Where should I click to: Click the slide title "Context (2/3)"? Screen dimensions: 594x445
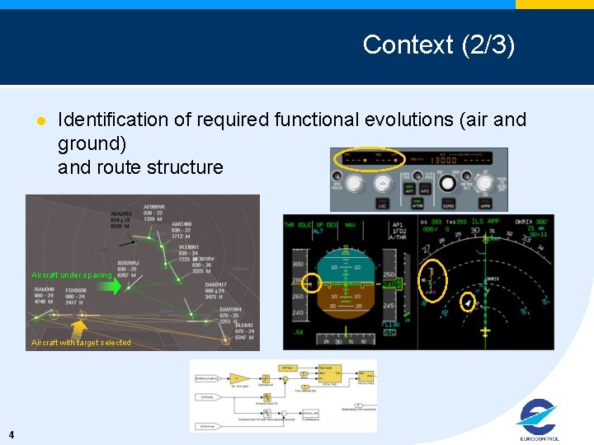pyautogui.click(x=438, y=44)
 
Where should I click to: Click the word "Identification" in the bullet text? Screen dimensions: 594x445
pyautogui.click(x=111, y=119)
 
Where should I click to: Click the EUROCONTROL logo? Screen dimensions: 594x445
pyautogui.click(x=540, y=420)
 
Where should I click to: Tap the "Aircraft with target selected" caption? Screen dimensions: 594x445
pyautogui.click(x=81, y=343)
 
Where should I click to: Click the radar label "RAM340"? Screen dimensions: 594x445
pyautogui.click(x=45, y=290)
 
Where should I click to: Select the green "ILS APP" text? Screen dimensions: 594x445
pyautogui.click(x=484, y=221)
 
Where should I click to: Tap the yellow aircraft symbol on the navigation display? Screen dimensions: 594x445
pyautogui.click(x=485, y=331)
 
